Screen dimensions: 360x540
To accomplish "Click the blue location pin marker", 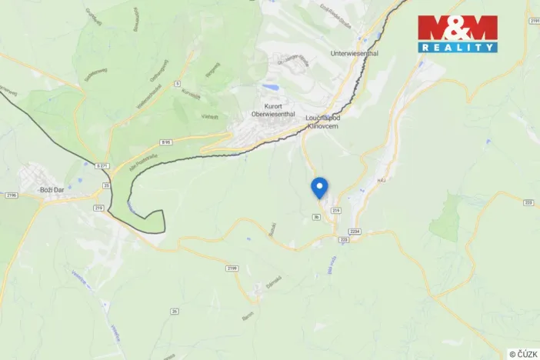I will [318, 187].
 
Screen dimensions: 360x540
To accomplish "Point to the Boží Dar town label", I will [55, 188].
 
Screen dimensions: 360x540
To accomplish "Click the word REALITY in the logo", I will [458, 48].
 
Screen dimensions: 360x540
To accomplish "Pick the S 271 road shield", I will [102, 165].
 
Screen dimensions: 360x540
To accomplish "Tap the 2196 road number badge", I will [10, 195].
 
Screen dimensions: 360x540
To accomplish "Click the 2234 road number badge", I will [354, 231].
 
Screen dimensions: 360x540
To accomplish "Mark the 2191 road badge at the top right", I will [534, 22].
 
